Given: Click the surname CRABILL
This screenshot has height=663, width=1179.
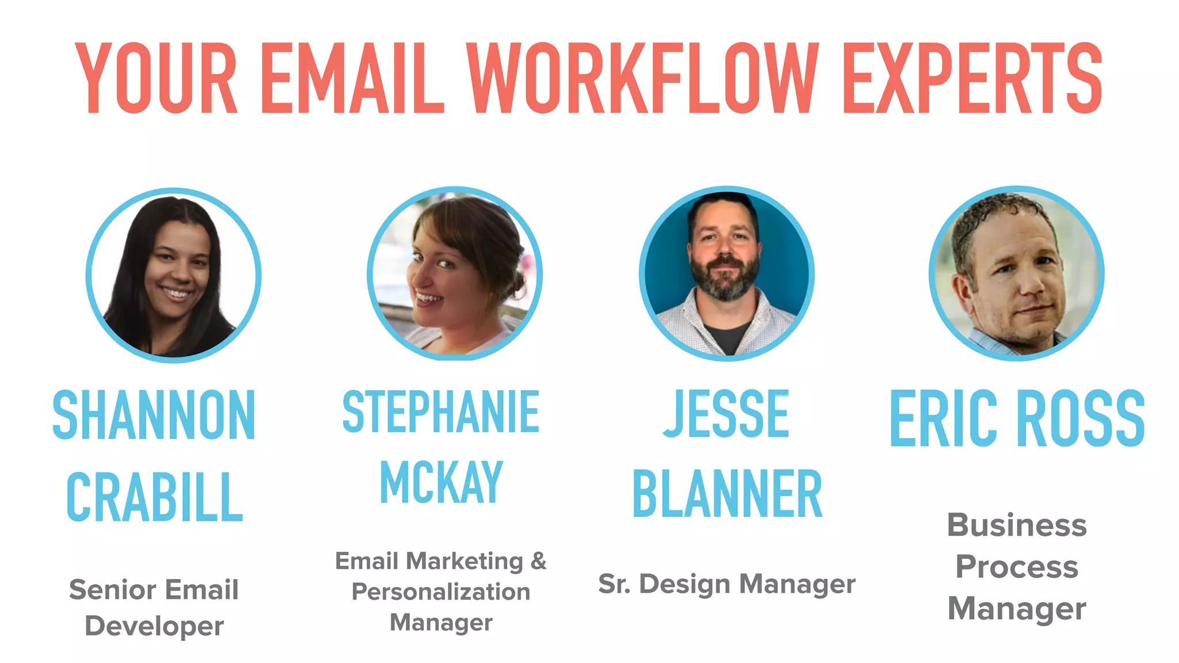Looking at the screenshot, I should (154, 497).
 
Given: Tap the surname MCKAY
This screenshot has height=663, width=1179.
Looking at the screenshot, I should (441, 482).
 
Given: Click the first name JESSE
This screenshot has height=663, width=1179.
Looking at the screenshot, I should (727, 413).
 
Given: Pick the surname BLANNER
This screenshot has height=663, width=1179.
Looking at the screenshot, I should (727, 494).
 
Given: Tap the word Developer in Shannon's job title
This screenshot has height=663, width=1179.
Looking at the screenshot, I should (154, 626).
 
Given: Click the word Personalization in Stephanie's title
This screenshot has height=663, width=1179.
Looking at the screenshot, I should (441, 592).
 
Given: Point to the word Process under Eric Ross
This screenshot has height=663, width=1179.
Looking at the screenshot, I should (1017, 567).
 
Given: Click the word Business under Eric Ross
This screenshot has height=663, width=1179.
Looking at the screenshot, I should (1017, 525).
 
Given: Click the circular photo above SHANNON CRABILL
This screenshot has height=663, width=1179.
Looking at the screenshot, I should (173, 275).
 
